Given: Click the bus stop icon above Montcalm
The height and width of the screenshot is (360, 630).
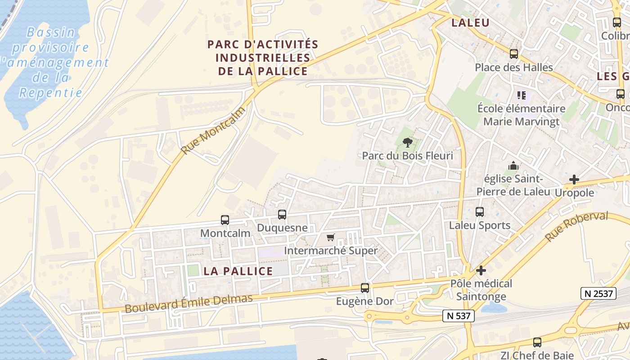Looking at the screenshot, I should (225, 220).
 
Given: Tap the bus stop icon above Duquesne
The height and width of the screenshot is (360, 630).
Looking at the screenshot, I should (282, 215).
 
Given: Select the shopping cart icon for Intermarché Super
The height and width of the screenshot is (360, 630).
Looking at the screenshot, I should (331, 237).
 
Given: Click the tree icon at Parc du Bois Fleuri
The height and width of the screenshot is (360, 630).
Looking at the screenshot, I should (408, 143).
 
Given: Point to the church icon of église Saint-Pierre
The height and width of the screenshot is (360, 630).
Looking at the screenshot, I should (513, 166).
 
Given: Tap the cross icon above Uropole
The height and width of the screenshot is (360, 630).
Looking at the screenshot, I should (574, 180).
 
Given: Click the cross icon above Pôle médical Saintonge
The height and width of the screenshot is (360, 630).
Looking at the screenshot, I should (481, 270).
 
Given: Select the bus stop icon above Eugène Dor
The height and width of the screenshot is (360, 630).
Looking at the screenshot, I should (365, 288).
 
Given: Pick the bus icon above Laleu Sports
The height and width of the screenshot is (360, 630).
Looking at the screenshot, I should (480, 212).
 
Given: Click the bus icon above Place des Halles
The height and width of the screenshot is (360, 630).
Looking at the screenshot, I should (514, 54).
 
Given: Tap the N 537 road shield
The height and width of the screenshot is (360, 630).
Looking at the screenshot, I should (459, 316).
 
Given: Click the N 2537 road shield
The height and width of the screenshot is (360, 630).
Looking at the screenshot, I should (598, 293).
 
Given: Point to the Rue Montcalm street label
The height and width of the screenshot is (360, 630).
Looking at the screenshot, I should (213, 130).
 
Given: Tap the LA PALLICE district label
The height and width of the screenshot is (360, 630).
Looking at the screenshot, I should (238, 271).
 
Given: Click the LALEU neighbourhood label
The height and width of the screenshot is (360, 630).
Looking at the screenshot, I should (470, 23).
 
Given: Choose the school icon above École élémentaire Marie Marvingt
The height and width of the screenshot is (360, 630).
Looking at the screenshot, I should (522, 95).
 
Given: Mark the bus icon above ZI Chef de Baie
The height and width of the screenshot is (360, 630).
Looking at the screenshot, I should (537, 342).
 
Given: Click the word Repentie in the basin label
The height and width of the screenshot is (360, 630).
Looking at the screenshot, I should (51, 93).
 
